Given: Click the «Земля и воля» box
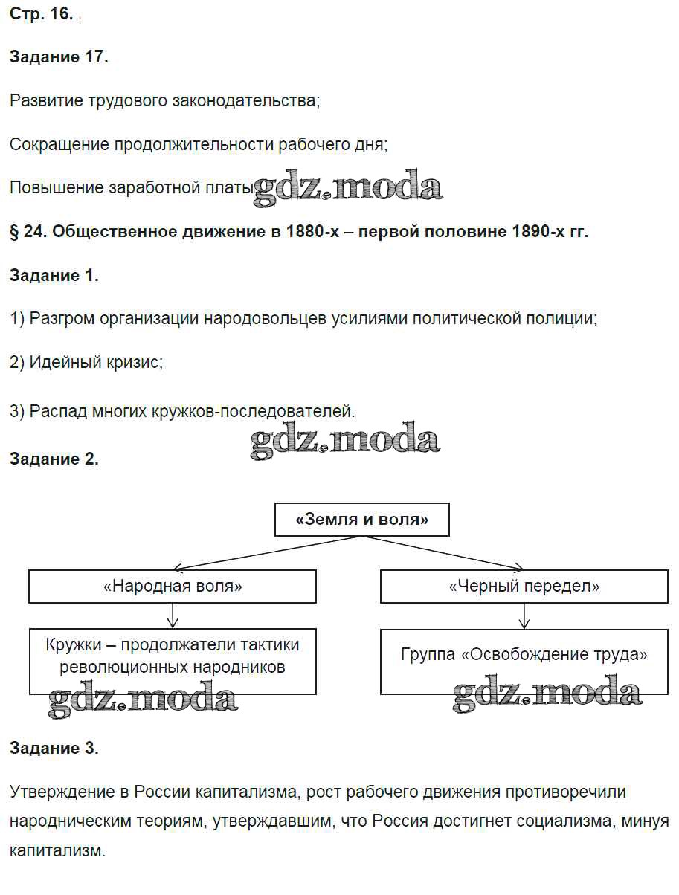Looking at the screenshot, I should [x=362, y=520].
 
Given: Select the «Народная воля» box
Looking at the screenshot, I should [x=173, y=586].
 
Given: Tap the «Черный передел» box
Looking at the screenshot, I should [x=524, y=586].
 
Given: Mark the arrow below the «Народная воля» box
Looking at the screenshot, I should [x=173, y=615].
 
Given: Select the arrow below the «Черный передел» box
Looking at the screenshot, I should [x=525, y=615].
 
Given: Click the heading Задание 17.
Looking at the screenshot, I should [x=59, y=57].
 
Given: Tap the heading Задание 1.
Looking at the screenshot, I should [x=54, y=276].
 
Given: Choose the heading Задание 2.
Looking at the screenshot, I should [x=54, y=459].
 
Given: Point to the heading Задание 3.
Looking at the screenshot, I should [x=54, y=748].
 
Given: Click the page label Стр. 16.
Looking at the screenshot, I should [x=41, y=16].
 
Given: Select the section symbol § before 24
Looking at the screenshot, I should [x=15, y=232].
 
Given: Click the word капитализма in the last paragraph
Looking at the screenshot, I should [x=245, y=792].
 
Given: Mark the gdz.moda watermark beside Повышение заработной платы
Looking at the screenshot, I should [x=348, y=187].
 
